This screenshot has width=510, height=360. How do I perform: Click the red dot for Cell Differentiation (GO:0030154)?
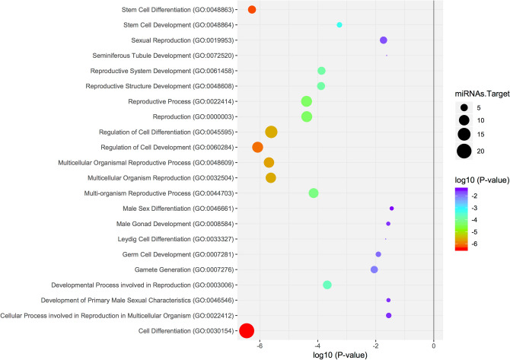click(247, 330)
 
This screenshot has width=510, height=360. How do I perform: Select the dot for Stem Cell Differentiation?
click(252, 9)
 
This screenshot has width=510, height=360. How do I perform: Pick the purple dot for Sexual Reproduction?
click(384, 40)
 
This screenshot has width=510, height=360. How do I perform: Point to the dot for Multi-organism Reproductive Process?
click(314, 193)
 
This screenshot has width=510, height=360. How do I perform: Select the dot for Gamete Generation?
click(374, 269)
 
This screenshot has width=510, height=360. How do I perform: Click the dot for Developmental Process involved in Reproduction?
click(327, 285)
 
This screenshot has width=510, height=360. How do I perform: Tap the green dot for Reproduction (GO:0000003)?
click(307, 116)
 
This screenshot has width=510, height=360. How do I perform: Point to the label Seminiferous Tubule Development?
click(142, 56)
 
